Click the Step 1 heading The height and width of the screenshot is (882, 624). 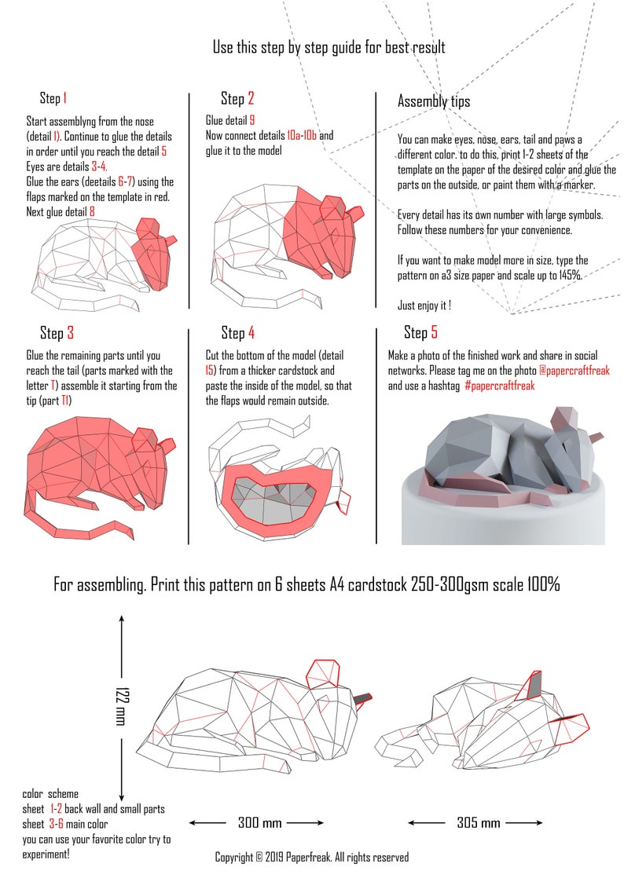pyautogui.click(x=53, y=98)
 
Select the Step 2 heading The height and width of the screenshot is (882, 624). pyautogui.click(x=237, y=98)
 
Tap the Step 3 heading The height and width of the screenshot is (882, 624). pyautogui.click(x=57, y=332)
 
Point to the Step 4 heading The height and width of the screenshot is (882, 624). pyautogui.click(x=237, y=332)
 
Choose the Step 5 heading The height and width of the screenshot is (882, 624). pyautogui.click(x=420, y=332)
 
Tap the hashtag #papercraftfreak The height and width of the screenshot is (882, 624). pyautogui.click(x=499, y=386)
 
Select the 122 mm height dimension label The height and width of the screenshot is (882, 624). pyautogui.click(x=120, y=705)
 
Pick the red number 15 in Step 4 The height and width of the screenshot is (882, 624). pyautogui.click(x=210, y=371)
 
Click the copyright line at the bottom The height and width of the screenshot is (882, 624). pyautogui.click(x=312, y=857)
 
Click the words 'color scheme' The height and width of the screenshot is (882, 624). pyautogui.click(x=50, y=794)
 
